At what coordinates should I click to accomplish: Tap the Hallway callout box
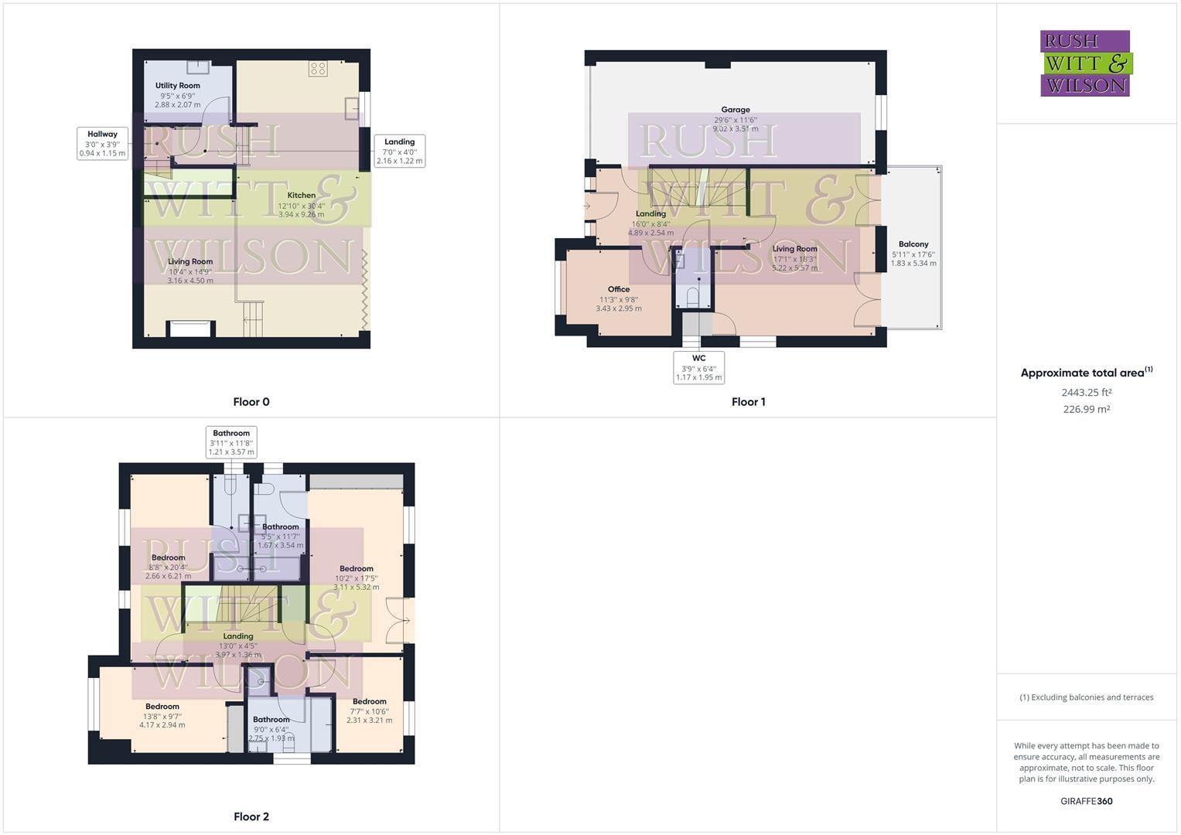102,144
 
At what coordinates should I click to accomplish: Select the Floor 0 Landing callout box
399,152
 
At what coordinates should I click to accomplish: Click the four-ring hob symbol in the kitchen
317,69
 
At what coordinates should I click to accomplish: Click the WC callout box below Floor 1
698,368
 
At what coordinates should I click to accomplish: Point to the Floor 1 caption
748,402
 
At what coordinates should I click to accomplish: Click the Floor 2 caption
251,816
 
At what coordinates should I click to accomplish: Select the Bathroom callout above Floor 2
231,442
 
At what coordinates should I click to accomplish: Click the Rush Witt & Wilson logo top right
1086,63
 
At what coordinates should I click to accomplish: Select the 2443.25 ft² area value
1086,393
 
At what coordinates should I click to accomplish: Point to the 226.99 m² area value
1086,410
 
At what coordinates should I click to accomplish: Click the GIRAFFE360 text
1086,801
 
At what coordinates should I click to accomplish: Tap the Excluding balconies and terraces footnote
1086,697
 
